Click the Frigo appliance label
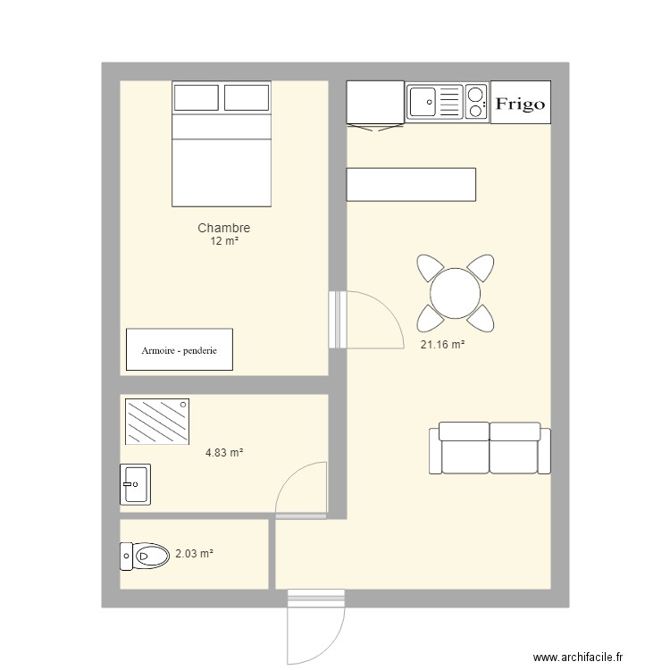[520, 104]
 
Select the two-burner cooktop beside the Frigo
[475, 102]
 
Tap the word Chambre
[223, 229]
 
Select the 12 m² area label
[223, 241]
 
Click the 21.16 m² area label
[442, 345]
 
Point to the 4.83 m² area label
[224, 453]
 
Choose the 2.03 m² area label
[194, 554]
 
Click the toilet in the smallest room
[146, 556]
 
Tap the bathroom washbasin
[135, 485]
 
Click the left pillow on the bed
[197, 96]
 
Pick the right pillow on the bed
[247, 96]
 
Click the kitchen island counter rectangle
[411, 184]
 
